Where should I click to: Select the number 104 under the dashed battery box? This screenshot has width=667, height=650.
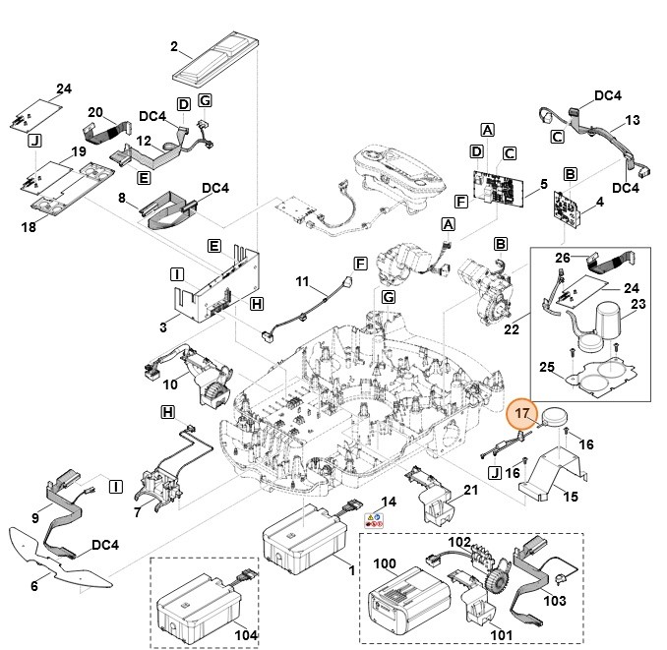tap(245, 635)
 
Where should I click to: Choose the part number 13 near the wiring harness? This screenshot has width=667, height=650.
tap(633, 120)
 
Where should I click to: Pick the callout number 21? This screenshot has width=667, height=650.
tap(470, 491)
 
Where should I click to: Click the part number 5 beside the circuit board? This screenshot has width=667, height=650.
tap(543, 183)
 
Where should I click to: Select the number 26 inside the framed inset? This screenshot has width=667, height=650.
tap(562, 258)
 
